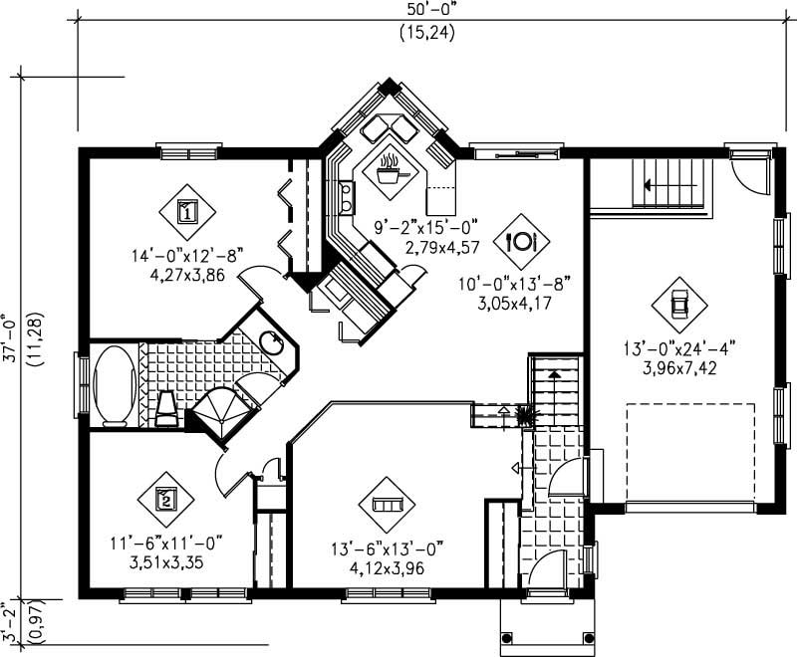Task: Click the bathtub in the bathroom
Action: tap(114, 385)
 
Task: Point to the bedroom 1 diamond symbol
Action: tap(186, 210)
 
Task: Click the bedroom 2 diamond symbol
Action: tap(166, 498)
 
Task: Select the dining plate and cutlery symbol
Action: tap(522, 240)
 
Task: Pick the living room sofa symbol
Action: tap(386, 505)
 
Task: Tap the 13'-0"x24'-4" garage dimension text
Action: tap(680, 349)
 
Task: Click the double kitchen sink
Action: tap(347, 196)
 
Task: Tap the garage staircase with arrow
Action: tap(671, 183)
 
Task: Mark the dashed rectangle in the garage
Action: tap(689, 453)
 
